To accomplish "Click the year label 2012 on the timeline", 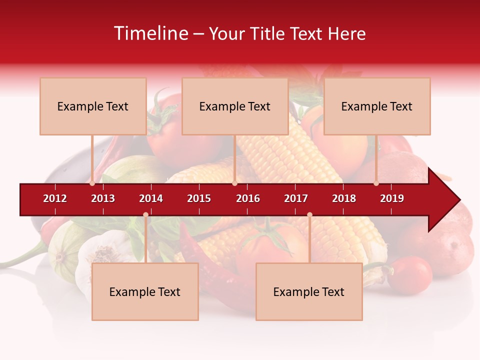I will pyautogui.click(x=55, y=198).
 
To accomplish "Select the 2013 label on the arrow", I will pyautogui.click(x=103, y=198).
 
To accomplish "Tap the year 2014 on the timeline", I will pyautogui.click(x=151, y=198).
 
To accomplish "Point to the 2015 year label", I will pyautogui.click(x=199, y=198).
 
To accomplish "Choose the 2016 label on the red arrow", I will pyautogui.click(x=248, y=198).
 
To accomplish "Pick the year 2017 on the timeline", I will pyautogui.click(x=296, y=198).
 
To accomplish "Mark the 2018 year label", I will pyautogui.click(x=344, y=198).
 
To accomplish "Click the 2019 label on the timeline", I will pyautogui.click(x=392, y=198).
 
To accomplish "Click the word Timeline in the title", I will pyautogui.click(x=150, y=33).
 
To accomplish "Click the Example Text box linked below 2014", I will pyautogui.click(x=145, y=292).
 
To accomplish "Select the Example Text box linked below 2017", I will pyautogui.click(x=309, y=292).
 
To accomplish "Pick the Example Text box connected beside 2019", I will pyautogui.click(x=377, y=106).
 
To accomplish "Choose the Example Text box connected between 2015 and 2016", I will pyautogui.click(x=235, y=106).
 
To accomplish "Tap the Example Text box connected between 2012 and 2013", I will pyautogui.click(x=93, y=106).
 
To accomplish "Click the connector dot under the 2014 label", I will pyautogui.click(x=145, y=214).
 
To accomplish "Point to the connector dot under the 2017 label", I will pyautogui.click(x=309, y=214).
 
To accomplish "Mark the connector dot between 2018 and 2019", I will pyautogui.click(x=376, y=183).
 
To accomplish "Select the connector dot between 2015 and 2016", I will pyautogui.click(x=234, y=183).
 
